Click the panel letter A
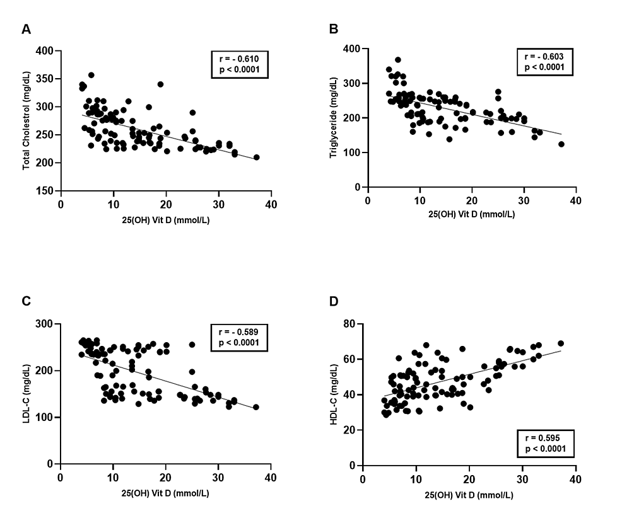coord(26,29)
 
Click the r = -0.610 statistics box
coord(240,65)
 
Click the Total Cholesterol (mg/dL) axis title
coord(27,120)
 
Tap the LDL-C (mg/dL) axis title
coord(27,394)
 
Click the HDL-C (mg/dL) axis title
coord(334,394)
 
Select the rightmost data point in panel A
coord(256,158)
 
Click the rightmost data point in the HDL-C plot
coord(561,343)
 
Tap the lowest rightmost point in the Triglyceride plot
coord(561,144)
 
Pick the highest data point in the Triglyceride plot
coord(398,60)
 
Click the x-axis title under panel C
coord(165,494)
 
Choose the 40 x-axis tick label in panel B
coord(575,200)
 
